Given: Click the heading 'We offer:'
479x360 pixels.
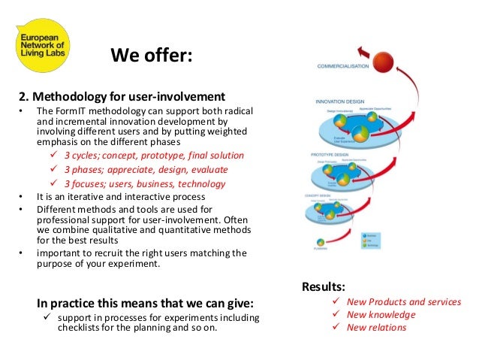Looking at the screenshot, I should pos(152,56).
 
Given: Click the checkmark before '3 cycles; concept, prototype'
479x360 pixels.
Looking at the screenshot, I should pos(53,156).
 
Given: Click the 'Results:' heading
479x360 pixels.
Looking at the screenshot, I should pos(324,286).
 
